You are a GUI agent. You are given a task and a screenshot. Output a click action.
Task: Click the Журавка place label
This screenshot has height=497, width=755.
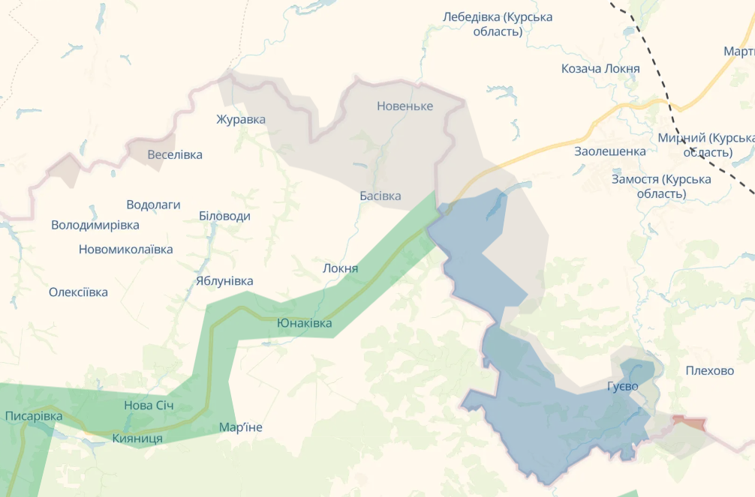241,119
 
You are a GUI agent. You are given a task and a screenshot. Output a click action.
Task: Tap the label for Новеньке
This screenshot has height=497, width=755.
405,106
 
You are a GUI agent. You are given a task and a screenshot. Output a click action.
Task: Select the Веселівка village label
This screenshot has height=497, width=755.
175,154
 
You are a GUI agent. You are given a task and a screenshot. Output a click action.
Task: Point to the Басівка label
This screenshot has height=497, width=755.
380,196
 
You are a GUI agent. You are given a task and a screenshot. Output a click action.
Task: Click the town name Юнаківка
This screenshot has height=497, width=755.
304,323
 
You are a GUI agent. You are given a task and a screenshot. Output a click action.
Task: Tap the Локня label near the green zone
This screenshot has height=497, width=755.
339,268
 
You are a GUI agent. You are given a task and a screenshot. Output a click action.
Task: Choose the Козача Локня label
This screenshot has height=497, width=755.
600,69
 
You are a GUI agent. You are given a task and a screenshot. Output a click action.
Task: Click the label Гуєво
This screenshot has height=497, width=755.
623,386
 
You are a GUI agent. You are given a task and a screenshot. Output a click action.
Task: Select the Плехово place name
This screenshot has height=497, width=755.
709,370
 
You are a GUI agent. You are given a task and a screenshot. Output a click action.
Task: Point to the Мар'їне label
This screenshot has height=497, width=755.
241,427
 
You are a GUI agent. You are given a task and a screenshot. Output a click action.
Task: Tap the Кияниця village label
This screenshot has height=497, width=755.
137,438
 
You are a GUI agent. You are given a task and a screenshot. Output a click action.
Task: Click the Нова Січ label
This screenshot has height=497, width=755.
149,406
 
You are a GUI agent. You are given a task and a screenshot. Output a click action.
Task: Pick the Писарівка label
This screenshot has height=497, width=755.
34,416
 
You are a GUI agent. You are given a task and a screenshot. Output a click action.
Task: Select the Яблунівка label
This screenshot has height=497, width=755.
224,281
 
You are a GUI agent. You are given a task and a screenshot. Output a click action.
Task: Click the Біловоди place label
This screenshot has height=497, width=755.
224,216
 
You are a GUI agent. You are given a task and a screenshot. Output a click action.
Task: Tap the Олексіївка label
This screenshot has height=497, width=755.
78,292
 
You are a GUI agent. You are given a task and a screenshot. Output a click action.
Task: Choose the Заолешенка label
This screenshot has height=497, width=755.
609,151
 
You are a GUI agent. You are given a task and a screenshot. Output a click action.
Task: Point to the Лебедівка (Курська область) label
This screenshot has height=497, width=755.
498,24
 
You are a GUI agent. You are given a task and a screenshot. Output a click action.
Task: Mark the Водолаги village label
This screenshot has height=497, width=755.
153,205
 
